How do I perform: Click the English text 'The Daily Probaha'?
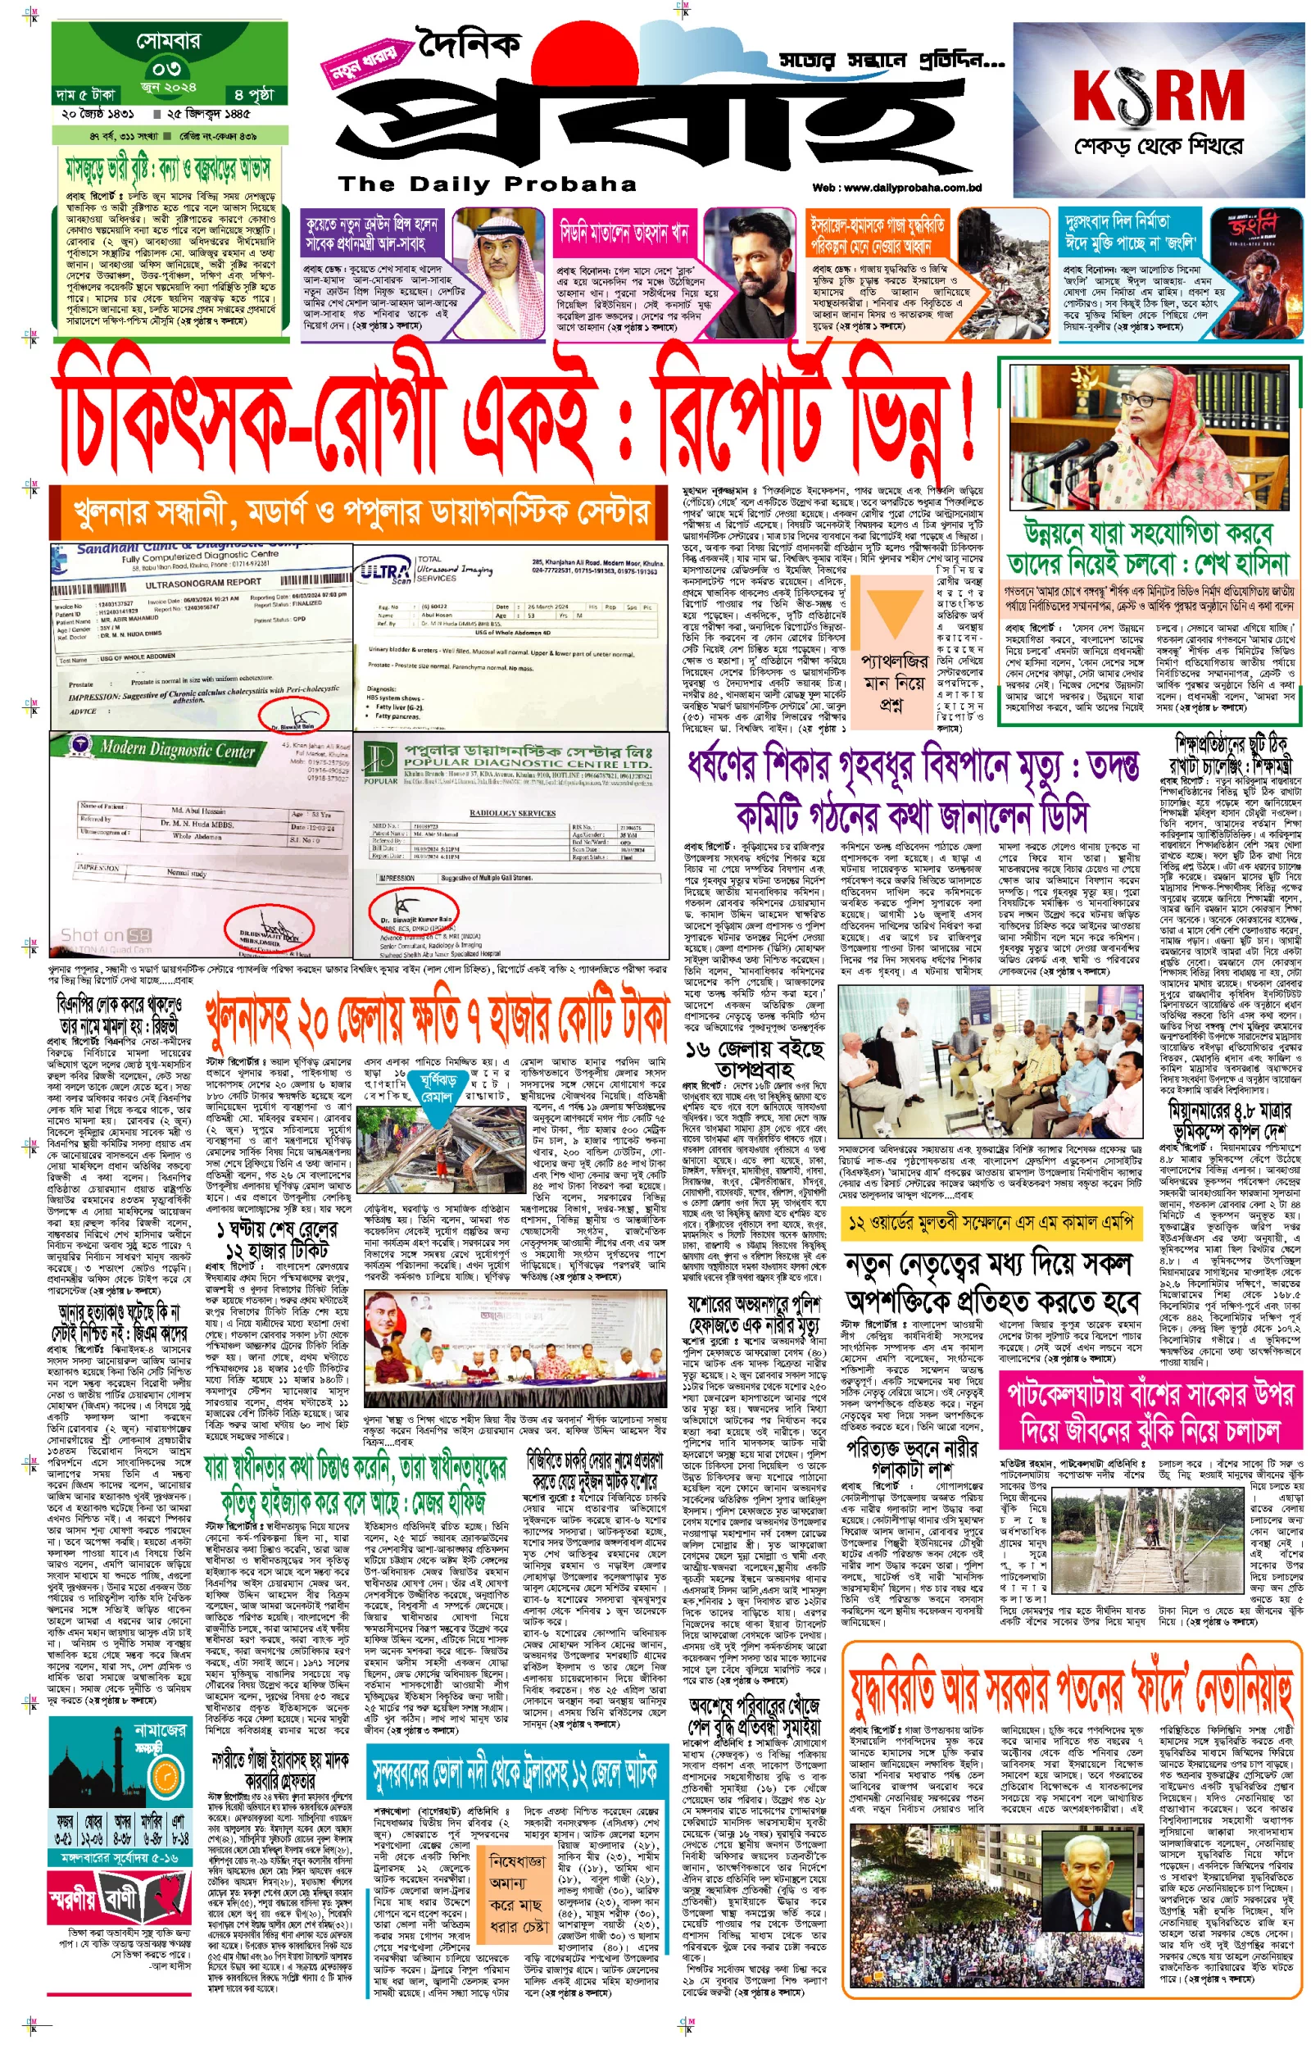tap(487, 184)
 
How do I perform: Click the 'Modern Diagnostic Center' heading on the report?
tap(177, 750)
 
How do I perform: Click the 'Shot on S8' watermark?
tap(106, 935)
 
